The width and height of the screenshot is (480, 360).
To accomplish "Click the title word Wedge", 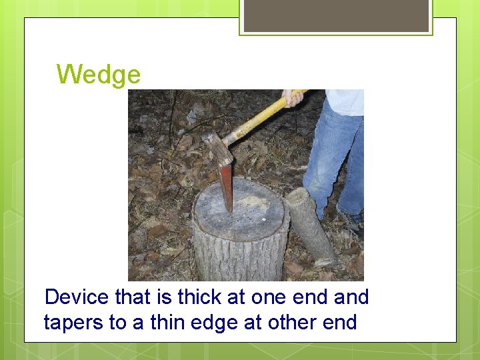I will coord(99,74).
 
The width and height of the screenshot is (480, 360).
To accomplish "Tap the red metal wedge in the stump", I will coord(227,187).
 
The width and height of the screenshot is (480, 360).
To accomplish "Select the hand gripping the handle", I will coord(292,97).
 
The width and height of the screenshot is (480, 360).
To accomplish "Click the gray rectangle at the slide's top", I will coord(336,15).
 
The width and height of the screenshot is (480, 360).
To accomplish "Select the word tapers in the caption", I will coord(73,323).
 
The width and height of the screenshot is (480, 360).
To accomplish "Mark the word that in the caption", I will coord(133,297).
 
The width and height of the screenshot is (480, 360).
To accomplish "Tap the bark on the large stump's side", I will coord(233,257).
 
